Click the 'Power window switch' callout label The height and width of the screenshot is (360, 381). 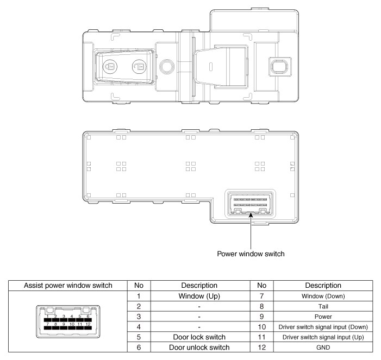tap(251, 254)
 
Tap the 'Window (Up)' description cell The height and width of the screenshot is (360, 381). tap(199, 296)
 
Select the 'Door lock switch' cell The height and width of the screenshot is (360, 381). tap(199, 337)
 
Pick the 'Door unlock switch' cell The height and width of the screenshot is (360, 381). tap(199, 348)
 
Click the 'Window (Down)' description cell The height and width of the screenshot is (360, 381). tap(323, 296)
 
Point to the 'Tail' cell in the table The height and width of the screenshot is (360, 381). tap(323, 307)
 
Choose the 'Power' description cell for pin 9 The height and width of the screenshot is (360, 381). tap(323, 317)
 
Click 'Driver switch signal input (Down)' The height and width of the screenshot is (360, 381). tap(323, 327)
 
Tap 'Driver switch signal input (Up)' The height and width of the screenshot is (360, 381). tap(323, 337)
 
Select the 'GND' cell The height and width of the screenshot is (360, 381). tap(323, 348)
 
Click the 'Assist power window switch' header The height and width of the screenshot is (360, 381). tap(68, 286)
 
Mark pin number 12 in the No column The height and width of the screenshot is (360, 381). tap(261, 348)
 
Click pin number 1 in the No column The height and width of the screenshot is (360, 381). tap(139, 296)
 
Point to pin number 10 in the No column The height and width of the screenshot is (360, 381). tap(261, 327)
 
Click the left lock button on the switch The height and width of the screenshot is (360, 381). tap(110, 66)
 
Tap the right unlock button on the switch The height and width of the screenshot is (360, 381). tap(140, 66)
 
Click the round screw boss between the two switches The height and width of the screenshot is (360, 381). tap(167, 66)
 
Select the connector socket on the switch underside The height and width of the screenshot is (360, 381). tap(250, 204)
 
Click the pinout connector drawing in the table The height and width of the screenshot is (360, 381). tap(68, 321)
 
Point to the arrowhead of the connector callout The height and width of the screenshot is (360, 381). tap(251, 215)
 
